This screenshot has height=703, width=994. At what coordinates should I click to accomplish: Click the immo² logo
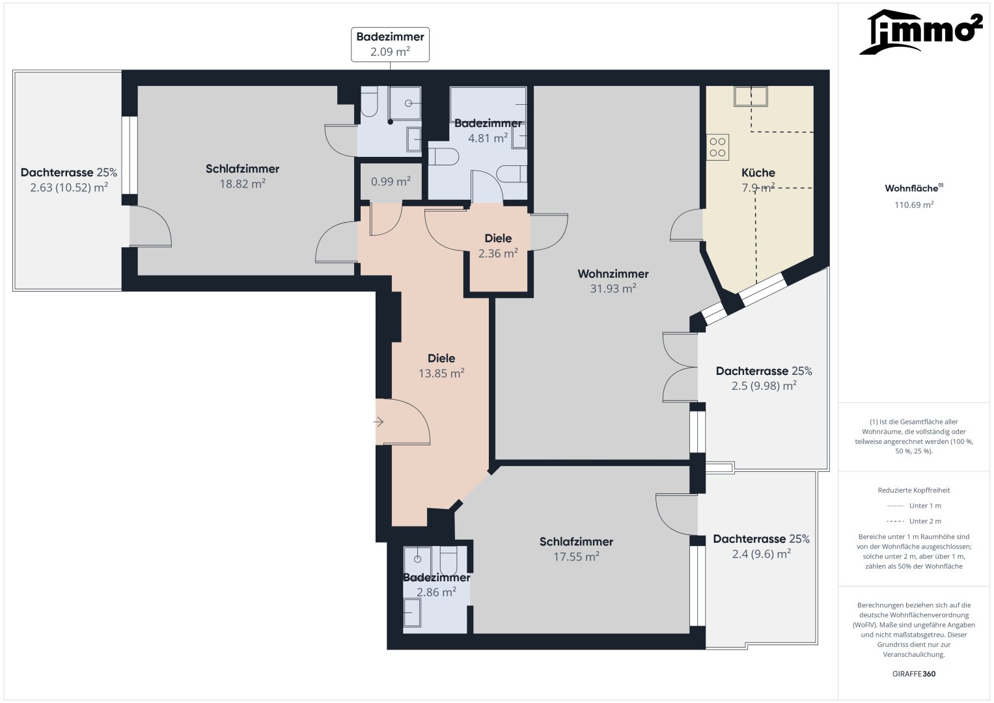[x=921, y=31]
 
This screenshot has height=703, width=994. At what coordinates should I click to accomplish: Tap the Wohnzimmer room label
[x=613, y=274]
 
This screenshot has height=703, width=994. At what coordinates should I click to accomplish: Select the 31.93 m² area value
[x=613, y=288]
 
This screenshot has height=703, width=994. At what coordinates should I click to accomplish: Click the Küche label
[x=758, y=172]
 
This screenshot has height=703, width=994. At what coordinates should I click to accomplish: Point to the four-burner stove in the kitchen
[x=717, y=147]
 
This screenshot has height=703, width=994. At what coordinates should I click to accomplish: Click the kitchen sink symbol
[x=751, y=96]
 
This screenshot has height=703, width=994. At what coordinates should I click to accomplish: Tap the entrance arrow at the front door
[x=378, y=422]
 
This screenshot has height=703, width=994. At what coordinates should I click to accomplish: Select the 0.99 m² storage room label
[x=391, y=182]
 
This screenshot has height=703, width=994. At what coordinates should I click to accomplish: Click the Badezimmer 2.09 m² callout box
[x=390, y=44]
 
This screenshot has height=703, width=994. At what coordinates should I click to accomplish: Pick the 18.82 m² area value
[x=242, y=184]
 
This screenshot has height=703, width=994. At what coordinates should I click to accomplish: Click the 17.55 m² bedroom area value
[x=576, y=557]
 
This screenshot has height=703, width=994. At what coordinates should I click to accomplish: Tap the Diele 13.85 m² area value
[x=441, y=373]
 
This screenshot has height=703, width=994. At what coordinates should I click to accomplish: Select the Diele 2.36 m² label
[x=498, y=246]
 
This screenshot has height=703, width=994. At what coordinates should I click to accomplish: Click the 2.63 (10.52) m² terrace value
[x=69, y=187]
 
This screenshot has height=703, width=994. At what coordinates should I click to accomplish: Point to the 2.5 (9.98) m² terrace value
[x=764, y=386]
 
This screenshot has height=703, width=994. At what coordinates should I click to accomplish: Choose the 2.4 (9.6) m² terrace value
[x=761, y=554]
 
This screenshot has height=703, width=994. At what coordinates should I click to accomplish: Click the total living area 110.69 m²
[x=914, y=204]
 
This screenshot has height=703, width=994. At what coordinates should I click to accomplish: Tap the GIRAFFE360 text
[x=914, y=674]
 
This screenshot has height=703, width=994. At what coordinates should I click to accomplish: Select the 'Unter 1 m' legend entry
[x=914, y=506]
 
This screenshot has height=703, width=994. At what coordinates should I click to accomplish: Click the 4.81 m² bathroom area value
[x=488, y=139]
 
